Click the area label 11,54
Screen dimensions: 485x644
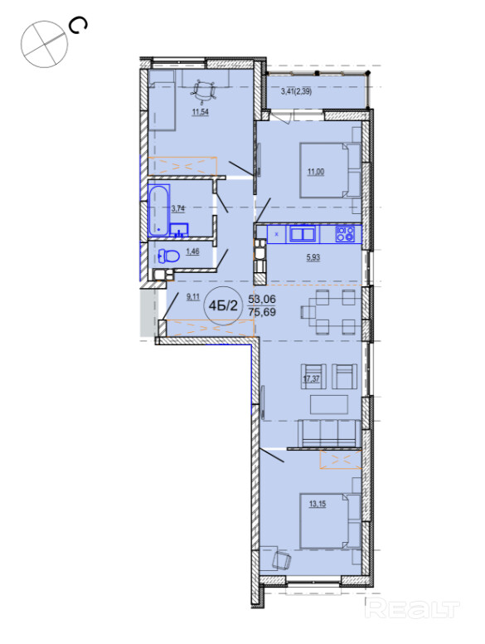201,111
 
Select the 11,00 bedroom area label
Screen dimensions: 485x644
316,172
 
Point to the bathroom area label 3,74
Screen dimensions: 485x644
178,208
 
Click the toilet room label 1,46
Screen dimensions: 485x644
192,251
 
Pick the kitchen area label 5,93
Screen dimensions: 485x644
313,257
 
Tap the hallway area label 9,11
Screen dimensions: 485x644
193,296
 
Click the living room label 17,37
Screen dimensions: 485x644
311,378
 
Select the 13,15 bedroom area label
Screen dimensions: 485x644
318,504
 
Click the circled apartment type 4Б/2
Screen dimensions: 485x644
223,305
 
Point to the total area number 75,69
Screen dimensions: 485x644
262,312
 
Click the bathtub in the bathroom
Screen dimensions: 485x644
158,210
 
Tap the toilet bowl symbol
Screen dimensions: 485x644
169,256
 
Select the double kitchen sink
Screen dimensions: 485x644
303,234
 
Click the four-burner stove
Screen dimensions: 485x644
345,234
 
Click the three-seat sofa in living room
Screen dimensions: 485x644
328,433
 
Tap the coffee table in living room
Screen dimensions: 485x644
329,404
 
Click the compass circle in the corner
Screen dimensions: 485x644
44,44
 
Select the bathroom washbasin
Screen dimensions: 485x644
179,230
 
